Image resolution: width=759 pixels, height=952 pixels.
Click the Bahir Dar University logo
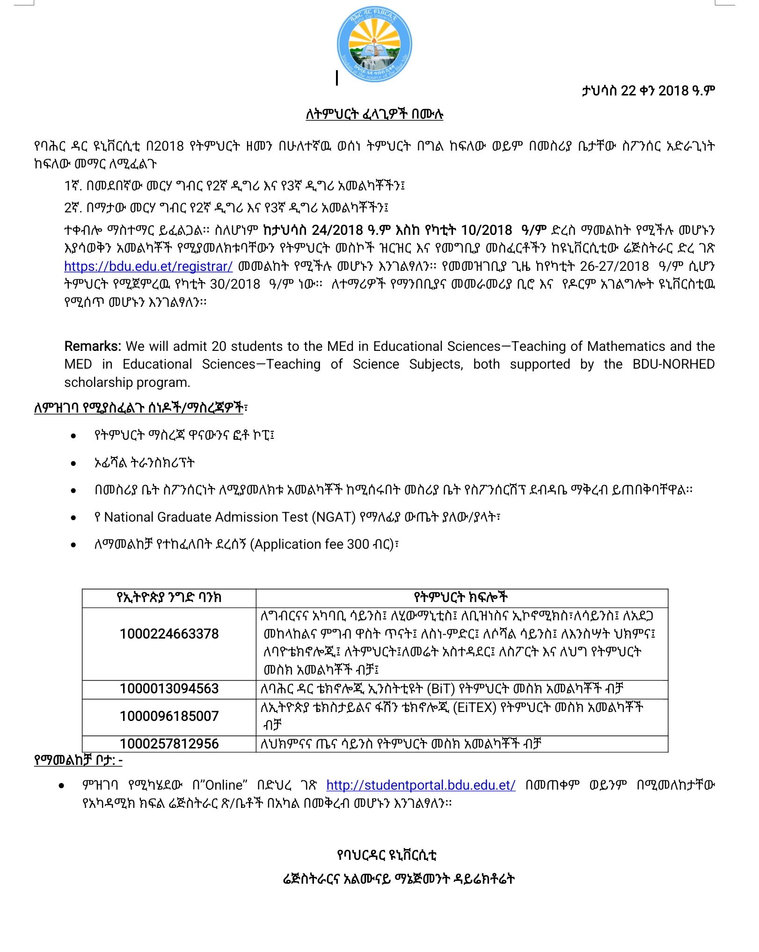point(374,44)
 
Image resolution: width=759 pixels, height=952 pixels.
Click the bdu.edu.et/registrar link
point(148,266)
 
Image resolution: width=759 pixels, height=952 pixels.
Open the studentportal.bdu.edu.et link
point(421,785)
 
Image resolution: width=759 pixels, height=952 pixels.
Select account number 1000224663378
point(169,634)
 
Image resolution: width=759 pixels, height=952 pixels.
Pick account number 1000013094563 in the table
point(169,689)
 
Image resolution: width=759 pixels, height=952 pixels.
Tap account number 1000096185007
point(169,716)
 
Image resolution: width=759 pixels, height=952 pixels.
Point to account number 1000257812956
point(169,744)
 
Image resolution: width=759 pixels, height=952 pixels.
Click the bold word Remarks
point(93,346)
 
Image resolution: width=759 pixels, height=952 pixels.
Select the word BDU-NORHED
point(673,364)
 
